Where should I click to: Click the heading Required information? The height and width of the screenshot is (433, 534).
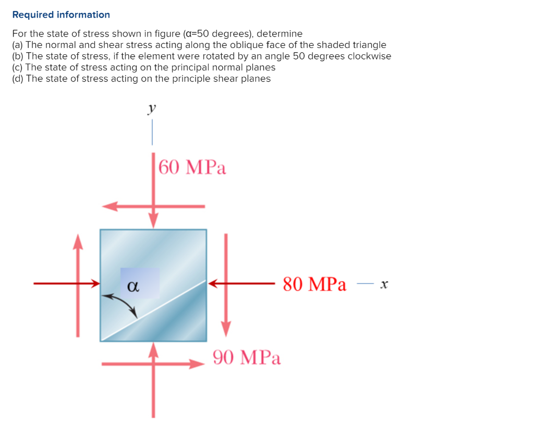[x=61, y=15]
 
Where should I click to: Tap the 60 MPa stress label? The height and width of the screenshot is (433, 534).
[x=192, y=167]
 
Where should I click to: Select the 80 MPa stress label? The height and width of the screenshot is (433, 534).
[x=314, y=284]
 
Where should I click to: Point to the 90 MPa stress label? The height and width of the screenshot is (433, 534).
[x=247, y=357]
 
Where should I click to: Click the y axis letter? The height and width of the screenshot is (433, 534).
[x=152, y=109]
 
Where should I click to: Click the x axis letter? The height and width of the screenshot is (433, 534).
[x=384, y=284]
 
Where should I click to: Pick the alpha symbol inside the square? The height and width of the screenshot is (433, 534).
[x=133, y=286]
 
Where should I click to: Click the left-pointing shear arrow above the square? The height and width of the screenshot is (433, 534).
[x=153, y=206]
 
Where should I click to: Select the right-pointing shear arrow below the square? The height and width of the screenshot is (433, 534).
[x=153, y=364]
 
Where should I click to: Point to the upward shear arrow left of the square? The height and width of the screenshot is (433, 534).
[x=78, y=285]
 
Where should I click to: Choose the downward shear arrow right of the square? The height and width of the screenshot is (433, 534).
[x=226, y=285]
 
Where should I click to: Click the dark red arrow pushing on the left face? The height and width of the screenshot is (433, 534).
[x=67, y=283]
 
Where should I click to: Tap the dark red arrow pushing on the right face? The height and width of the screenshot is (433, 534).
[x=241, y=283]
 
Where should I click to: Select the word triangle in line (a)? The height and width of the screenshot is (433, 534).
[x=369, y=45]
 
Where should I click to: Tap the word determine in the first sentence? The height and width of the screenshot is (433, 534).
[x=280, y=33]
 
